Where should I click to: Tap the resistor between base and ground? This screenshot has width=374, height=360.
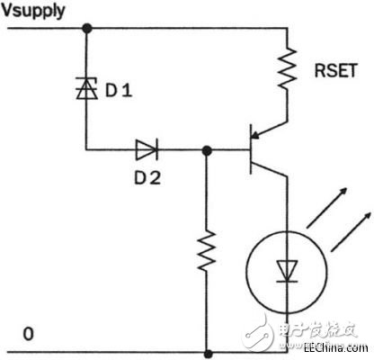[x=209, y=255]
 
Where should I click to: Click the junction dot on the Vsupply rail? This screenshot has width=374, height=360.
[x=87, y=28]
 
